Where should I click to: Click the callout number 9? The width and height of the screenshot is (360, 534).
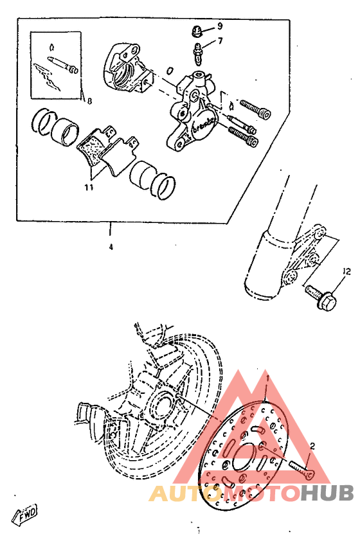(x=219, y=26)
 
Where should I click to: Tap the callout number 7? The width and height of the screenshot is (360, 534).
(x=219, y=42)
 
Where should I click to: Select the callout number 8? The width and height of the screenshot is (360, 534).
(x=89, y=100)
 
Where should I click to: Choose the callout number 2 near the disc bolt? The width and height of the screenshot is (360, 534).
(x=312, y=445)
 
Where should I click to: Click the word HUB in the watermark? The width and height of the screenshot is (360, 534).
(x=327, y=493)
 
